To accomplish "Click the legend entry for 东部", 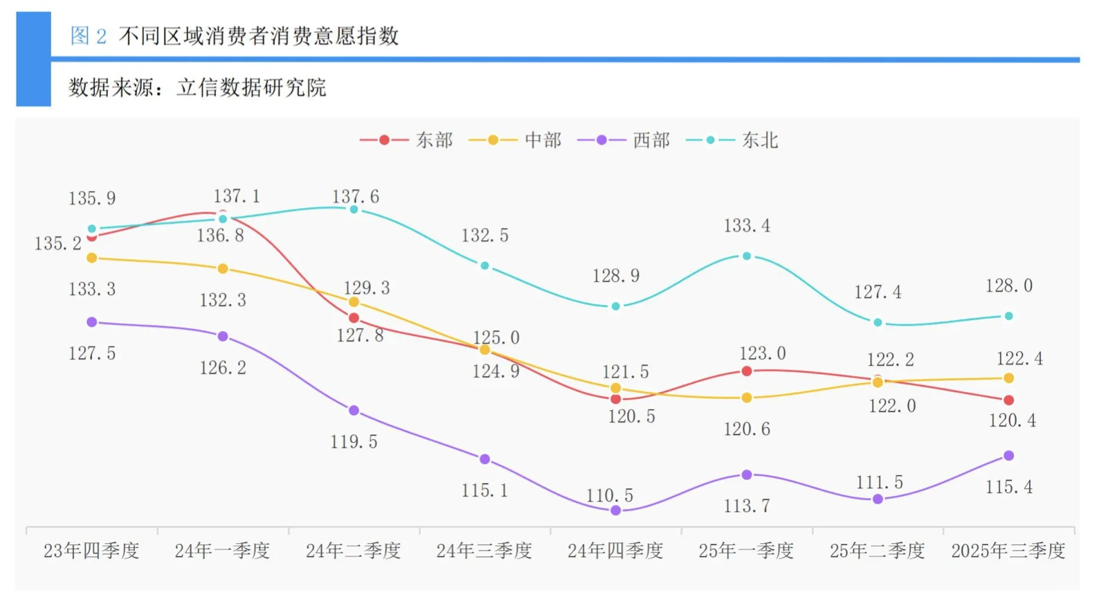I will pyautogui.click(x=406, y=141).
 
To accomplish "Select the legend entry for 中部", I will pyautogui.click(x=515, y=141).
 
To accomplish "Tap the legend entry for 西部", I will pyautogui.click(x=624, y=141).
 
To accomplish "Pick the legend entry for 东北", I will pyautogui.click(x=732, y=141).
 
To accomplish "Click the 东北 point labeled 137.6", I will pyautogui.click(x=354, y=209).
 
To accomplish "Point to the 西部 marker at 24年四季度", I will pyautogui.click(x=616, y=511).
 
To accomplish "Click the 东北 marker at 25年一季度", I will pyautogui.click(x=747, y=256).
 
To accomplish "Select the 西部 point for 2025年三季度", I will pyautogui.click(x=1008, y=456).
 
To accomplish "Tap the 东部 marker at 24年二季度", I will pyautogui.click(x=354, y=318).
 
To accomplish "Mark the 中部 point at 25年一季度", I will pyautogui.click(x=747, y=398).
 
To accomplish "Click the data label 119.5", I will pyautogui.click(x=354, y=442).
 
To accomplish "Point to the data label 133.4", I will pyautogui.click(x=747, y=226).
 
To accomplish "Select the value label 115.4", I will pyautogui.click(x=1008, y=488).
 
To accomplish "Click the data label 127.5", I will pyautogui.click(x=92, y=354).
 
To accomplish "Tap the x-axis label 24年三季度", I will pyautogui.click(x=484, y=551).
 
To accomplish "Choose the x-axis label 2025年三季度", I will pyautogui.click(x=1008, y=551).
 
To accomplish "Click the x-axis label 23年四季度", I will pyautogui.click(x=91, y=551).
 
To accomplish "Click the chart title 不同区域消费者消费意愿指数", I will pyautogui.click(x=259, y=36).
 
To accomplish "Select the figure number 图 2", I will pyautogui.click(x=89, y=36).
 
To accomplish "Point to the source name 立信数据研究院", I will pyautogui.click(x=251, y=88).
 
